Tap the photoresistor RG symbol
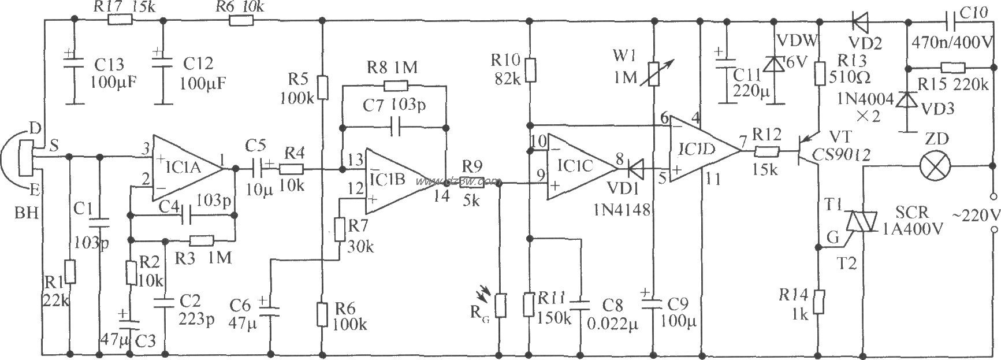point(501,305)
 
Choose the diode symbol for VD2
point(861,21)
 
